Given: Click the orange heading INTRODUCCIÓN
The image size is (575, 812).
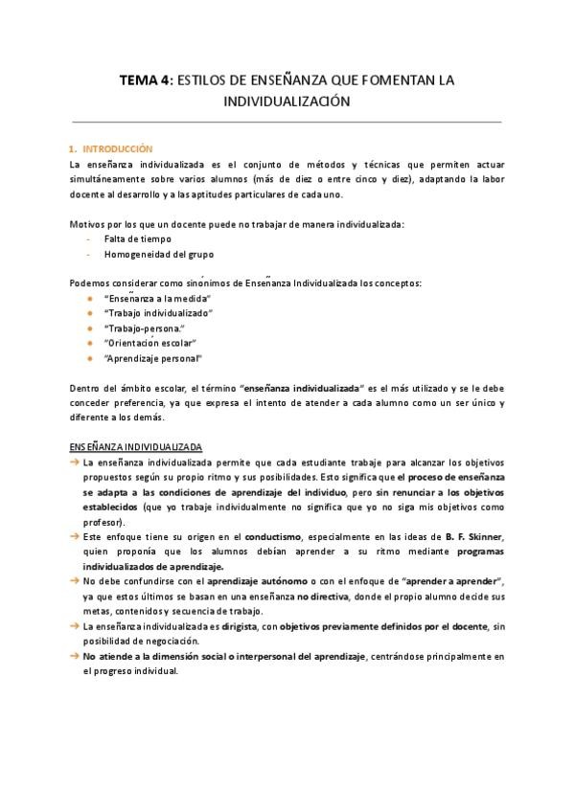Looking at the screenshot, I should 118,149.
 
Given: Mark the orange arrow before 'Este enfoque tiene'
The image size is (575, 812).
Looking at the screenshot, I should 75,536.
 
